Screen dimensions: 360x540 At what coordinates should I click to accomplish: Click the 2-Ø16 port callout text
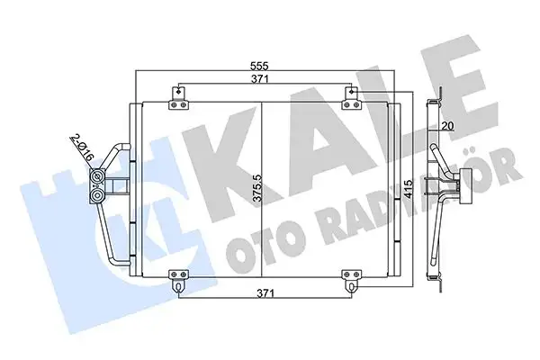click(x=83, y=148)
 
